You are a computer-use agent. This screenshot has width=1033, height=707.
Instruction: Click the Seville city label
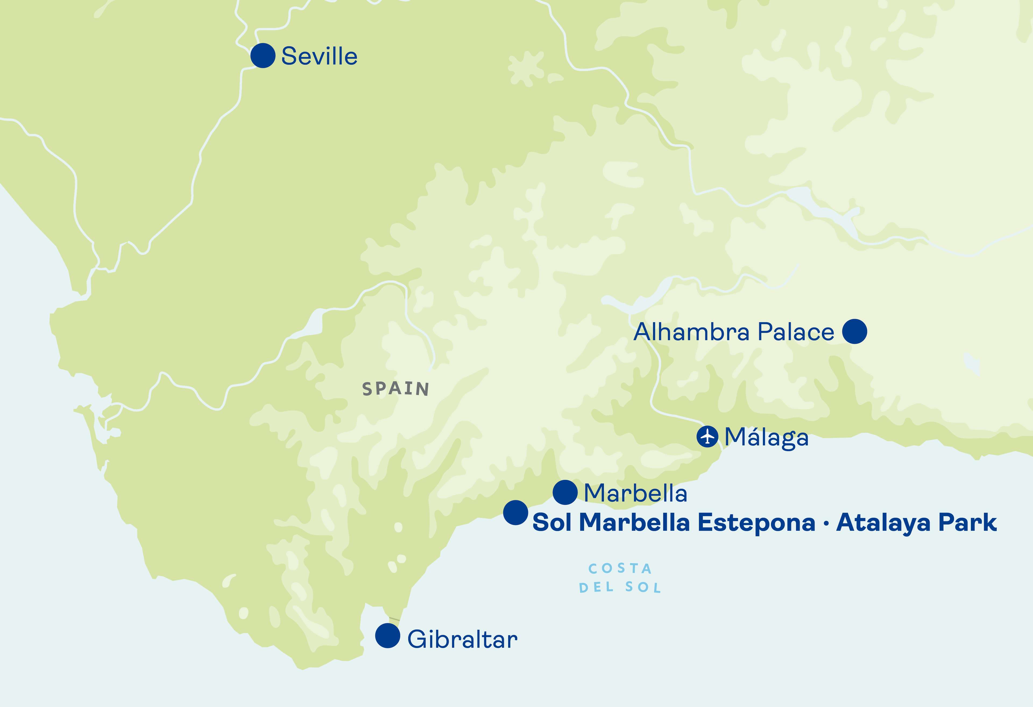(319, 57)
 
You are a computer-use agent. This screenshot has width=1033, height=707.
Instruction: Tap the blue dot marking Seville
(263, 56)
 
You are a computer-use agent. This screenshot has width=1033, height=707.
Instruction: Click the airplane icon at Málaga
(707, 436)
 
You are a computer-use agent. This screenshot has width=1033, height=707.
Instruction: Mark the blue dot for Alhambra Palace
(854, 331)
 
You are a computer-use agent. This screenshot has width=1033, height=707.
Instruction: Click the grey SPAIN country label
(396, 389)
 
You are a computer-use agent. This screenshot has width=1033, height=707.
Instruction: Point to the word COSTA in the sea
(620, 569)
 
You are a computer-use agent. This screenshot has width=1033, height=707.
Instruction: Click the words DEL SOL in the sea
(620, 588)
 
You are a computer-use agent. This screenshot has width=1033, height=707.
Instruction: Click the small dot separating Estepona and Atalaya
(826, 524)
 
